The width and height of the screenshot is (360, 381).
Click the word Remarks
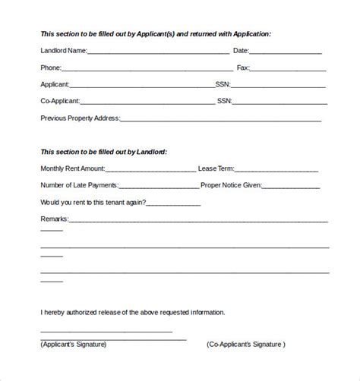[53, 219]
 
